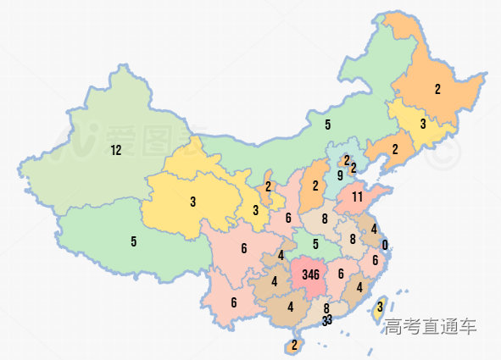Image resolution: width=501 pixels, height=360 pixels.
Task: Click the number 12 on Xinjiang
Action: pyautogui.click(x=116, y=151)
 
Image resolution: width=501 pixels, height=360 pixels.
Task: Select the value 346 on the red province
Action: pyautogui.click(x=310, y=274)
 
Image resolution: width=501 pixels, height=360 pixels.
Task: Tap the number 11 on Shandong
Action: pyautogui.click(x=358, y=197)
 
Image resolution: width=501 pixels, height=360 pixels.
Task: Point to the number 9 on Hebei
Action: pyautogui.click(x=340, y=176)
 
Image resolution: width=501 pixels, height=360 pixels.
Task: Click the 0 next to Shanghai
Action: pyautogui.click(x=385, y=246)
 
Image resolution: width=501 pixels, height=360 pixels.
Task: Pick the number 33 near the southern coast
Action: pyautogui.click(x=327, y=320)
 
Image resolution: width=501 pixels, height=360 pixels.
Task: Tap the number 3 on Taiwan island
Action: pyautogui.click(x=381, y=307)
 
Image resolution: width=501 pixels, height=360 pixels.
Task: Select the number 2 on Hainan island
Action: pyautogui.click(x=294, y=345)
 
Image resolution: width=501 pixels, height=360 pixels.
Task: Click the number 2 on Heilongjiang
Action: pyautogui.click(x=437, y=89)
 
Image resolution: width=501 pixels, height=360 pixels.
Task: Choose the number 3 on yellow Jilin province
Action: pyautogui.click(x=422, y=124)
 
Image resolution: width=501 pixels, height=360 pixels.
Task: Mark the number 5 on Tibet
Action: pyautogui.click(x=134, y=241)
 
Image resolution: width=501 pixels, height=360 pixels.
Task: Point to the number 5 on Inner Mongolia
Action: pyautogui.click(x=327, y=125)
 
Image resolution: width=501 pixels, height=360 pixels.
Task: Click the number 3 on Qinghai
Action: pyautogui.click(x=193, y=202)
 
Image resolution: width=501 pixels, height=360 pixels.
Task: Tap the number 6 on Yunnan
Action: pyautogui.click(x=233, y=302)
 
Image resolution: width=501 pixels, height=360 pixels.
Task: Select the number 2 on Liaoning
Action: pyautogui.click(x=395, y=149)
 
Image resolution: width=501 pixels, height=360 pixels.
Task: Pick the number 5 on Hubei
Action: pyautogui.click(x=315, y=245)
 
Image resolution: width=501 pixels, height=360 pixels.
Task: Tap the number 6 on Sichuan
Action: pyautogui.click(x=243, y=248)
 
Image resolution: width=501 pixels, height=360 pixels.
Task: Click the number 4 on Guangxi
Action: pyautogui.click(x=290, y=307)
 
